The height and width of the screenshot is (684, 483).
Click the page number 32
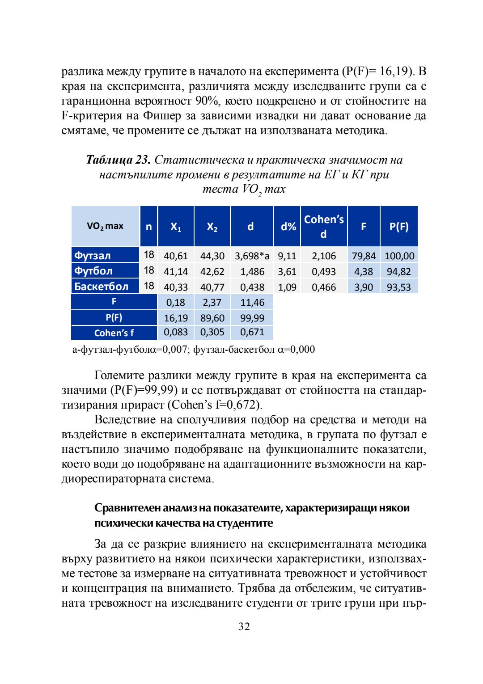pyautogui.click(x=244, y=626)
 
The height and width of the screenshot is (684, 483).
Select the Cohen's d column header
pyautogui.click(x=324, y=226)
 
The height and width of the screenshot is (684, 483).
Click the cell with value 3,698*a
pyautogui.click(x=252, y=256)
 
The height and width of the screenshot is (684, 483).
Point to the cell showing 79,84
pyautogui.click(x=364, y=256)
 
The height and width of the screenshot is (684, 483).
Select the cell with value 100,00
pyautogui.click(x=399, y=256)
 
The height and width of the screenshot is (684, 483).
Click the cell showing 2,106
pyautogui.click(x=324, y=256)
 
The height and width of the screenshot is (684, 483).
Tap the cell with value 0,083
pyautogui.click(x=176, y=333)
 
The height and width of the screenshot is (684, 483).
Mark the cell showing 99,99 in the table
pyautogui.click(x=252, y=318)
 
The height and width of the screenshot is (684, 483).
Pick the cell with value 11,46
pyautogui.click(x=252, y=303)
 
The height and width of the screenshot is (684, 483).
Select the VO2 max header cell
pyautogui.click(x=105, y=226)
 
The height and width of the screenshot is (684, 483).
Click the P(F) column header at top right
pyautogui.click(x=399, y=226)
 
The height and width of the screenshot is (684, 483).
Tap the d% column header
pyautogui.click(x=288, y=226)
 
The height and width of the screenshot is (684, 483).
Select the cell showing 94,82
pyautogui.click(x=399, y=271)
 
